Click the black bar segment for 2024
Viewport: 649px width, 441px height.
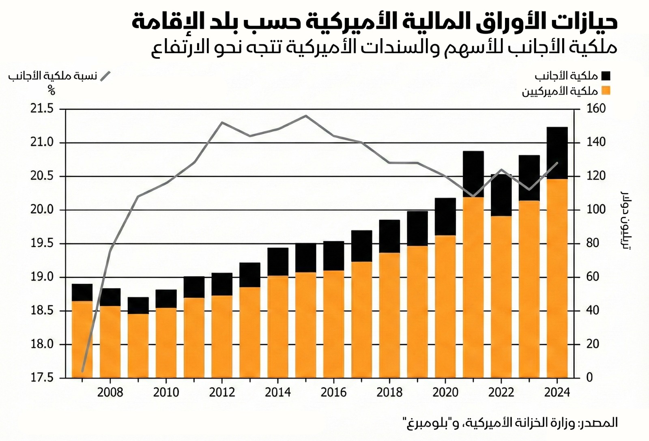[x=557, y=153]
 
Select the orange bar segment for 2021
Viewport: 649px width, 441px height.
[x=473, y=287]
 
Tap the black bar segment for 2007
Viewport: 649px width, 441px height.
[x=82, y=292]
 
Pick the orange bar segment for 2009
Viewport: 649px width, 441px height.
[x=138, y=346]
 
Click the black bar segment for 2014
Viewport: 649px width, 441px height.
[x=278, y=262]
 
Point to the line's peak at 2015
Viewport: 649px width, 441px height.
[x=306, y=116]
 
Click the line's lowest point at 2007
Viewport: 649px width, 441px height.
[x=82, y=371]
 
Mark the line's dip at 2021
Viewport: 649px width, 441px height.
[x=473, y=196]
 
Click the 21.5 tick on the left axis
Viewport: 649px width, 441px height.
[x=42, y=109]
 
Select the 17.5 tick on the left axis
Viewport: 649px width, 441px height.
[x=42, y=378]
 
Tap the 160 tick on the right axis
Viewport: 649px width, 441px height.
[x=596, y=109]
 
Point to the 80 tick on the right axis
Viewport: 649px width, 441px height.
[x=593, y=243]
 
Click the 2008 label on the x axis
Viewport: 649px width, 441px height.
[x=110, y=392]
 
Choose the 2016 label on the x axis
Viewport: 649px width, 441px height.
[x=333, y=392]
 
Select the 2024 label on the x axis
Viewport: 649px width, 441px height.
[x=557, y=392]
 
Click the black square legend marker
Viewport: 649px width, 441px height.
[x=606, y=76]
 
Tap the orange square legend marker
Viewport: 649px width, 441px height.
[x=606, y=90]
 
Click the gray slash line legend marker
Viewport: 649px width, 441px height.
[x=105, y=76]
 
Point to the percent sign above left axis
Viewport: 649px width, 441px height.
[x=51, y=90]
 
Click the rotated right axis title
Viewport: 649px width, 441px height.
[x=626, y=219]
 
